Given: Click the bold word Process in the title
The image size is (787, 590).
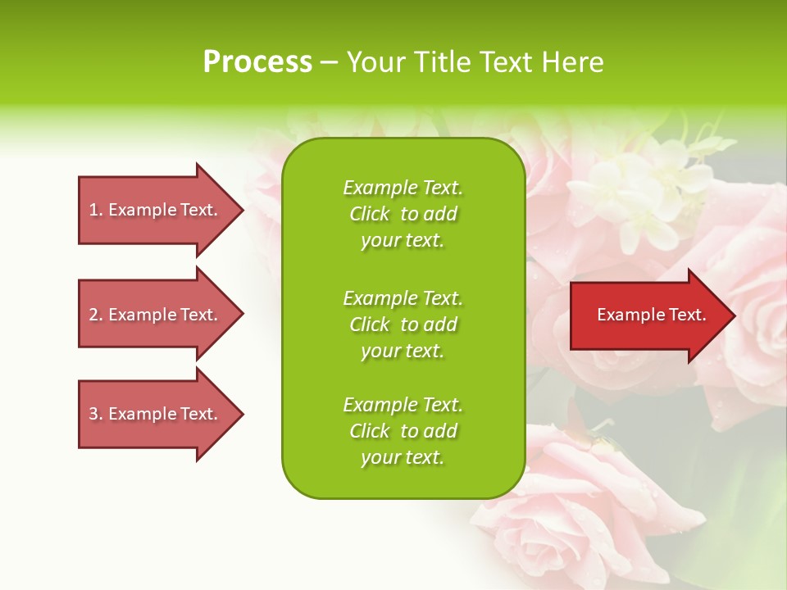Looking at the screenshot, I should [x=257, y=62].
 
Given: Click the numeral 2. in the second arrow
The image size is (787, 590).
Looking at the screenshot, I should [x=95, y=315].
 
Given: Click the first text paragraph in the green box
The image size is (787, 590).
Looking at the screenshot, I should [x=403, y=214].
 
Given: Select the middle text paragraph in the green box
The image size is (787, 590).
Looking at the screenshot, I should [x=403, y=324].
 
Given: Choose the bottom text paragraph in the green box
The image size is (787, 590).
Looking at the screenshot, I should [x=403, y=431].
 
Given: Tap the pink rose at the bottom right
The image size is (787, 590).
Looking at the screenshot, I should [x=590, y=508].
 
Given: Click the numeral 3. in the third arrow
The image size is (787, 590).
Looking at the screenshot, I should [x=95, y=414].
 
